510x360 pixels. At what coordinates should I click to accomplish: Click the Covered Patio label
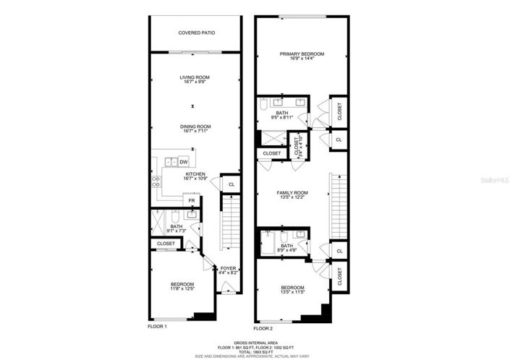(x=196, y=33)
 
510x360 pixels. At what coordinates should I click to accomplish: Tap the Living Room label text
(x=195, y=77)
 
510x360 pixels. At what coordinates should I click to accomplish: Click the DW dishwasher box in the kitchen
(x=184, y=162)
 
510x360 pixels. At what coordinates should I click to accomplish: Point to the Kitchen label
(x=195, y=174)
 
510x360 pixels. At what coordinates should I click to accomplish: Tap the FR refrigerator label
(x=192, y=201)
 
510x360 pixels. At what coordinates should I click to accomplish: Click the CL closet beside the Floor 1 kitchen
(x=231, y=185)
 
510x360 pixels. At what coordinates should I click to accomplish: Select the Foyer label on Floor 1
(x=229, y=268)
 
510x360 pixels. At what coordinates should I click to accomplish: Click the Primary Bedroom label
(x=302, y=54)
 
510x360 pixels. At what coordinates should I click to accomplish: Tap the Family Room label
(x=293, y=192)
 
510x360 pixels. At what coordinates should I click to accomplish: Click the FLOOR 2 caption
(x=266, y=326)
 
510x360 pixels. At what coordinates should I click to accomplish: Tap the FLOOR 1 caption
(x=157, y=326)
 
